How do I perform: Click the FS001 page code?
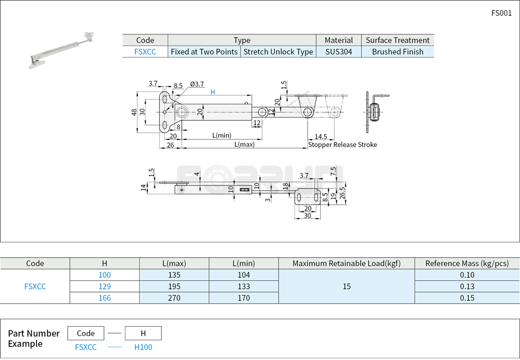coord(501,13)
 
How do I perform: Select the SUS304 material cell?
coord(338,52)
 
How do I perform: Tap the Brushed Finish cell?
coord(397,52)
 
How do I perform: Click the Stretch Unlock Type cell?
coord(278,52)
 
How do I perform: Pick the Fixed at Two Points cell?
coord(204,52)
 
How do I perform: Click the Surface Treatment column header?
coord(397,40)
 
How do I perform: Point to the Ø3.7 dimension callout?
coord(197,84)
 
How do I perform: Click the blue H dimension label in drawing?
coord(213,92)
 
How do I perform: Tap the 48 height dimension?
coord(134,112)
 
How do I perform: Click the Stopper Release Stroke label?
coord(342,145)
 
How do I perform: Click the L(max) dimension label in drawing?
coord(244,145)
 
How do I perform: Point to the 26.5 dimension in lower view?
coord(342,193)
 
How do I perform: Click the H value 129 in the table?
coord(105,287)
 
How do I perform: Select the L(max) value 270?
coord(174,298)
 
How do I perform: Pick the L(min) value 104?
coord(244,275)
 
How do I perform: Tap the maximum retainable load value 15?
coord(346,287)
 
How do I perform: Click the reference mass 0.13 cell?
coord(467,287)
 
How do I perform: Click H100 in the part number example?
coord(143,347)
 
